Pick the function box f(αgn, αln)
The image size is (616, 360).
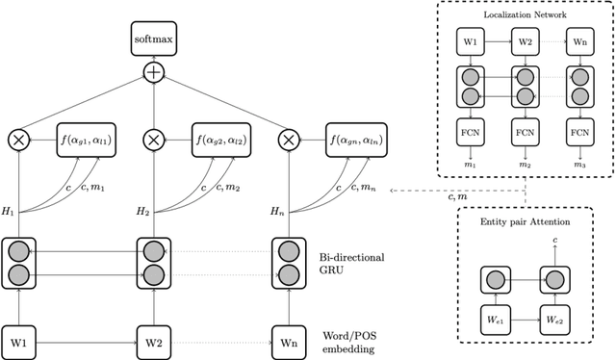coord(360,140)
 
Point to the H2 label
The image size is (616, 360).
coord(143,210)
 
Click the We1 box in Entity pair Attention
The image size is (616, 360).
coord(493,318)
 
